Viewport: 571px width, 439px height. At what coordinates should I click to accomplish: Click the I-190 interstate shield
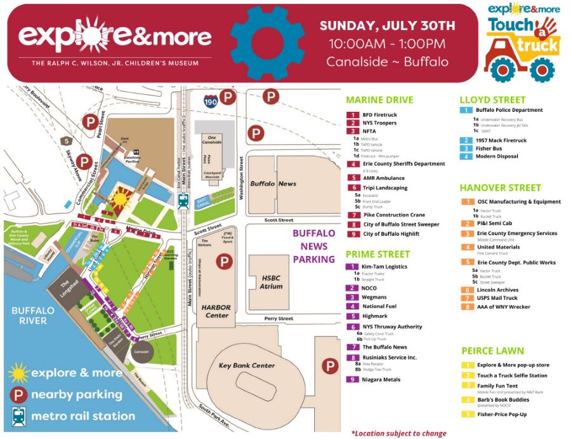209,100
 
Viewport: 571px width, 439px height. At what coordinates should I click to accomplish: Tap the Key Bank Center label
246,365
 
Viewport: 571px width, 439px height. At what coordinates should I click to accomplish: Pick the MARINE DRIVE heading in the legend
379,100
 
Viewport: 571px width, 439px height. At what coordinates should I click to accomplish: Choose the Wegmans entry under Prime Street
374,297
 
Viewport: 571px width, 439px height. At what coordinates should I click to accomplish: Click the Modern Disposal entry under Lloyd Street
497,156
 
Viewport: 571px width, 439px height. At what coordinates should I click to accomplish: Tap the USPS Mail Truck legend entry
497,298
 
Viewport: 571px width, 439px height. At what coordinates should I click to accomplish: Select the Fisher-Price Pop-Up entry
502,414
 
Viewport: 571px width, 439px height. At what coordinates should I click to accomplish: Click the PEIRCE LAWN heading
492,351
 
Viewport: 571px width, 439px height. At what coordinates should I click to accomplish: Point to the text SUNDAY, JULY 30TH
387,26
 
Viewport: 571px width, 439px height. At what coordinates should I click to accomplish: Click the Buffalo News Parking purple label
313,247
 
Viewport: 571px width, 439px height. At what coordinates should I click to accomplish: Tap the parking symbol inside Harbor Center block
224,262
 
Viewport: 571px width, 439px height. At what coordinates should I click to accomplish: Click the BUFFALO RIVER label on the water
29,315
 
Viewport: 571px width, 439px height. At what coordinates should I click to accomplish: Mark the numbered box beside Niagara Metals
352,379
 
